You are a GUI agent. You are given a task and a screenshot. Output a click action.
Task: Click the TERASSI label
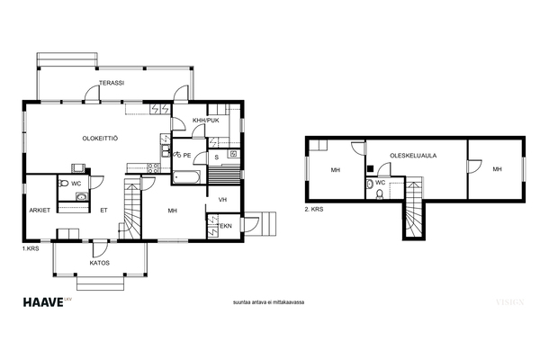point(112,83)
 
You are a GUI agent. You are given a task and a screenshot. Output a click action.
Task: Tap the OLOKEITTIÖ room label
point(100,139)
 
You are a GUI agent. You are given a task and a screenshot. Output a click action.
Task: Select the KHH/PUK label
point(206,121)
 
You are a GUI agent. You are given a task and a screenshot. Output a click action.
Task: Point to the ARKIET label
point(40,210)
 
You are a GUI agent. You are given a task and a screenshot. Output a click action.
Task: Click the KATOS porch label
point(100,263)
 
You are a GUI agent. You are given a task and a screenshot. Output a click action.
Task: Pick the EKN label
point(226,226)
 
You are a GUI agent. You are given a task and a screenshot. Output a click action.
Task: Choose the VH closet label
point(222,200)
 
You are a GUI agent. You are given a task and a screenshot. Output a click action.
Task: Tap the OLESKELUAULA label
point(413,156)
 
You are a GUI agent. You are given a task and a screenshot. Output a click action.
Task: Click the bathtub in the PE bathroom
point(186,177)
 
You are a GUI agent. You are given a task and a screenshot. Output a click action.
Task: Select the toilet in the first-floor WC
point(63,184)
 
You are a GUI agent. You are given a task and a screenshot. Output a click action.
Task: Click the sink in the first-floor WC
point(82,197)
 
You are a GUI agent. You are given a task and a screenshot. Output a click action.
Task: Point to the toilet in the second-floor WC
point(380,194)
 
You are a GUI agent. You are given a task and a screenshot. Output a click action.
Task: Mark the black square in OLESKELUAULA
point(371,168)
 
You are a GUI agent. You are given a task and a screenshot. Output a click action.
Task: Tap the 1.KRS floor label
point(31,248)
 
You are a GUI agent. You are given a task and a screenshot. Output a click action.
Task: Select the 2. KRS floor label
point(314,209)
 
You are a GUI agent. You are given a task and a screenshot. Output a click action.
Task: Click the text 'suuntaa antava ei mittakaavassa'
point(268,302)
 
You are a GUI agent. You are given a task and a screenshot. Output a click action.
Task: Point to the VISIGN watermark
point(510,302)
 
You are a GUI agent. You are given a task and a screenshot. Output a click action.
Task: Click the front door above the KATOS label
point(100,247)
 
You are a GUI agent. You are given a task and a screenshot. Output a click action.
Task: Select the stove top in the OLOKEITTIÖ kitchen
point(153,168)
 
